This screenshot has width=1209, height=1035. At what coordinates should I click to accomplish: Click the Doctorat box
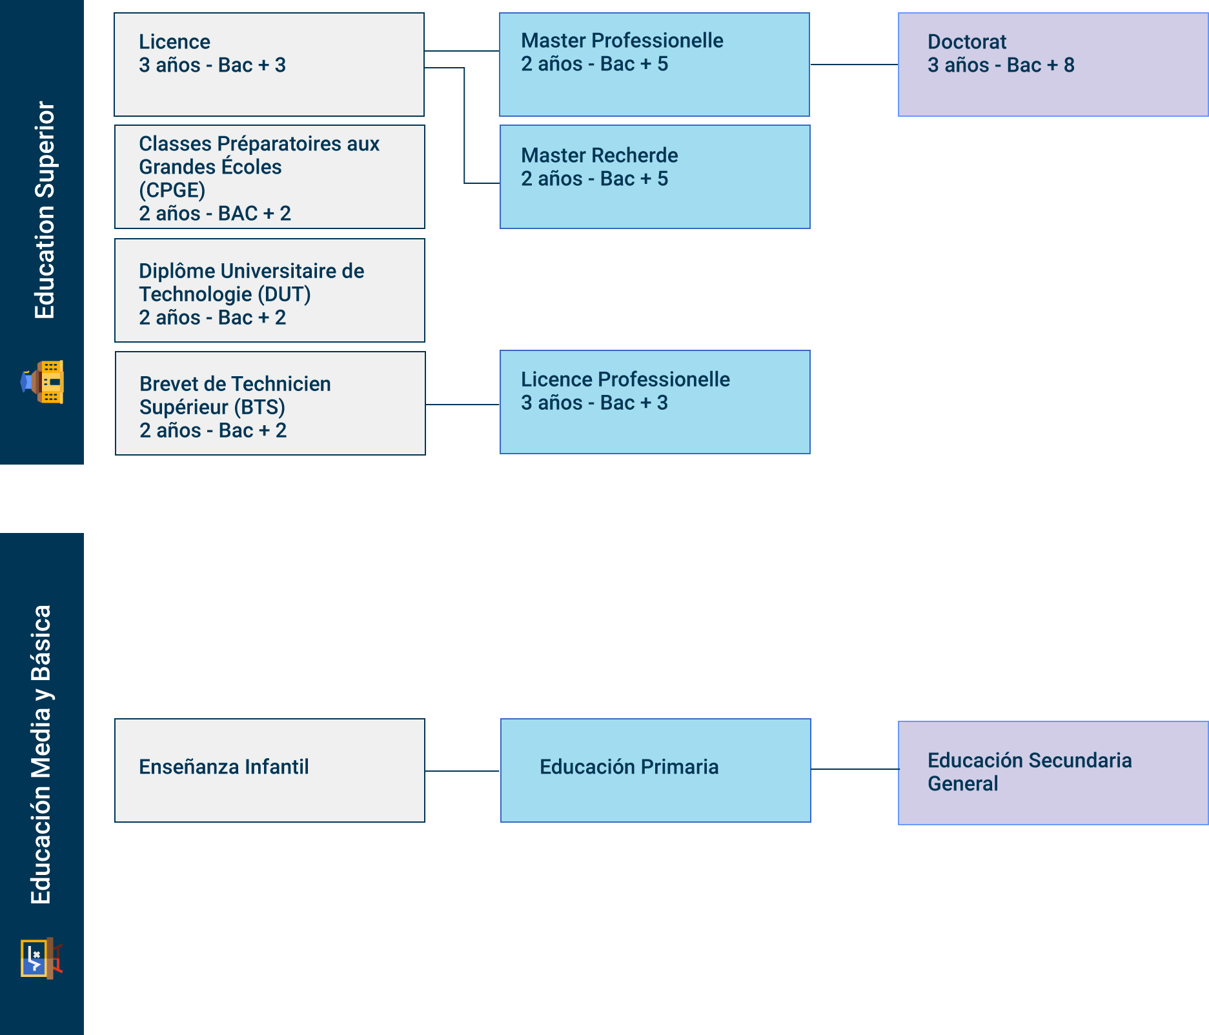(x=1052, y=65)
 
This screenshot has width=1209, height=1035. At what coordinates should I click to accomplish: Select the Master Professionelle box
(x=654, y=65)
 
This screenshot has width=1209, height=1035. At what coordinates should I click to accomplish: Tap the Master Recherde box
(x=655, y=177)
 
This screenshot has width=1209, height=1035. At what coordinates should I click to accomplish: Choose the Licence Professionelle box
(x=655, y=402)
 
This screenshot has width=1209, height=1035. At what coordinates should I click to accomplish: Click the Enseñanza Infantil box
(x=269, y=770)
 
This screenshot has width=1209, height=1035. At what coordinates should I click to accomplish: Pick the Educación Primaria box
(x=655, y=770)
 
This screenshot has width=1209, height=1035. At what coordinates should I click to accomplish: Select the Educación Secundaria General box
(x=1052, y=773)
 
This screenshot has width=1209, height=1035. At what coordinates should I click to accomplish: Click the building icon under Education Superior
(x=43, y=382)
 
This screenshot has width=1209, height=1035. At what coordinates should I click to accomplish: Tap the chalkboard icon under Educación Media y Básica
(x=41, y=958)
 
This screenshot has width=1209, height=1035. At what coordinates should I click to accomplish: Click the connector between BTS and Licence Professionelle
(x=462, y=405)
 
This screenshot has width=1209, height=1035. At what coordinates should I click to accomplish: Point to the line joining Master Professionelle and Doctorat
(x=853, y=65)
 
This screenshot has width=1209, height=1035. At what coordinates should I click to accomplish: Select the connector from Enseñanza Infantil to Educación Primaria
(x=462, y=771)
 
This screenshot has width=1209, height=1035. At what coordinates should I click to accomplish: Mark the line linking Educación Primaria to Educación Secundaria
(x=854, y=769)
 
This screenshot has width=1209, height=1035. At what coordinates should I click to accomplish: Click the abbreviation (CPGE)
(x=172, y=190)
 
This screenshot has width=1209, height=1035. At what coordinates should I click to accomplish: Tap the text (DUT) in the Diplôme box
(x=284, y=295)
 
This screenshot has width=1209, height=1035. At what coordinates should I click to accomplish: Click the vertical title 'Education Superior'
(x=45, y=210)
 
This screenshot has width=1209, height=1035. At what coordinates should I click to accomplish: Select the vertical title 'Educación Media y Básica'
(x=41, y=754)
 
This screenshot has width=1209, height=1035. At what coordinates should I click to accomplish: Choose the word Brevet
(x=170, y=384)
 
